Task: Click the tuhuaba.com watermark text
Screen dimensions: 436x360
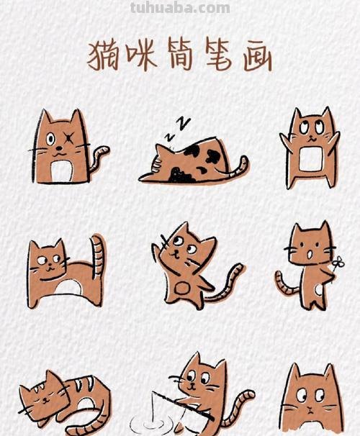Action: (x=180, y=8)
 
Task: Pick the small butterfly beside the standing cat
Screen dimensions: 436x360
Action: (x=338, y=263)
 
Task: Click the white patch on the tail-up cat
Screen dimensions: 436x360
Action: (x=71, y=289)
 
